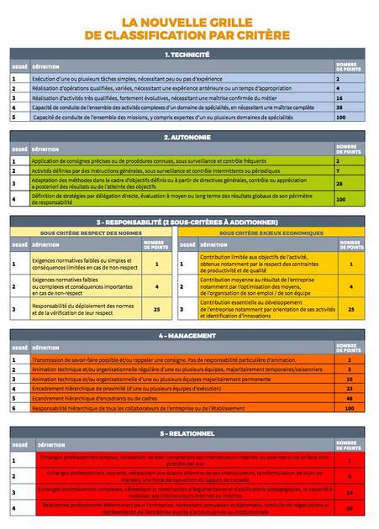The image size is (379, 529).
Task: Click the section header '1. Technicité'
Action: [189, 54]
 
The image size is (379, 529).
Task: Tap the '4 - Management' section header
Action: [189, 334]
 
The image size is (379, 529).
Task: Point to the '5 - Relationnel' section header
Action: [189, 433]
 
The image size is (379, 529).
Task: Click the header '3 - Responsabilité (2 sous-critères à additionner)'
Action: [189, 222]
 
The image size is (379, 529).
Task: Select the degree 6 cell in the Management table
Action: [14, 407]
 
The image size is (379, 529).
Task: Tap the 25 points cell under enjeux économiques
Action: [351, 309]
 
